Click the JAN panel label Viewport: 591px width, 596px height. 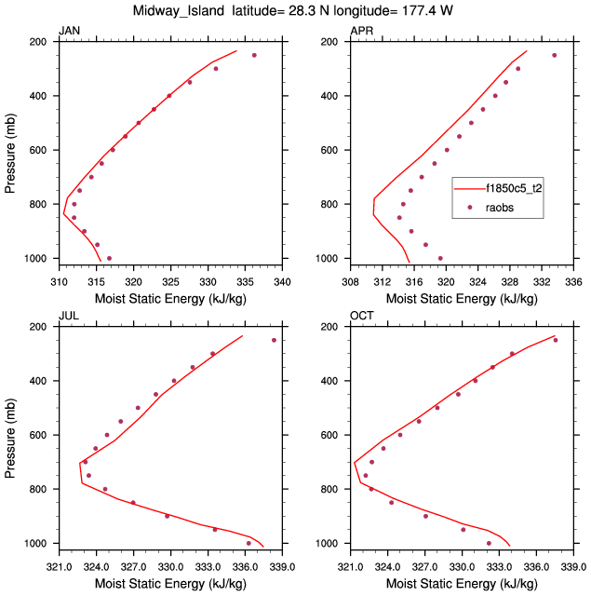pos(69,32)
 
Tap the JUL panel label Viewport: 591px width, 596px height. pos(68,317)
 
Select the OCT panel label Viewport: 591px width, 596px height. pos(361,317)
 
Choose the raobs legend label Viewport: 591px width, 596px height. pos(500,208)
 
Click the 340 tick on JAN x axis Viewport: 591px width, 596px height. pos(282,280)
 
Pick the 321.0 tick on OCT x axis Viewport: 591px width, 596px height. pos(349,565)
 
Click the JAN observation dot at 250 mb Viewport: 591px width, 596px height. pos(254,55)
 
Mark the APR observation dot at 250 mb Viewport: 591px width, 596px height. pos(554,55)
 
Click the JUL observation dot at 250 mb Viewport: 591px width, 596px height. pos(274,340)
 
